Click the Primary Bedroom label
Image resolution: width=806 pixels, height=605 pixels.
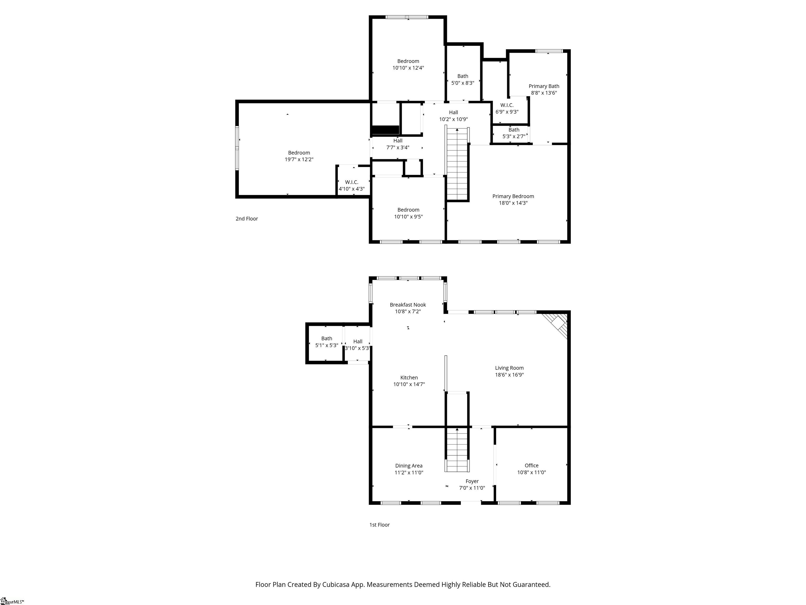pyautogui.click(x=513, y=196)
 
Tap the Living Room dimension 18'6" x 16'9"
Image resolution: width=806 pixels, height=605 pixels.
pyautogui.click(x=509, y=374)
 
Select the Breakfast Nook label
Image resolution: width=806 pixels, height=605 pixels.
pyautogui.click(x=408, y=305)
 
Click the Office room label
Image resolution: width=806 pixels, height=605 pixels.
pyautogui.click(x=531, y=465)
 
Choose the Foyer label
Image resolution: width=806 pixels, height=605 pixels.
pyautogui.click(x=472, y=481)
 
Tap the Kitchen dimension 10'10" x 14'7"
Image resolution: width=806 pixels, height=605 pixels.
pyautogui.click(x=409, y=384)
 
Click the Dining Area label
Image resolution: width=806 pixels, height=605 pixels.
pyautogui.click(x=409, y=466)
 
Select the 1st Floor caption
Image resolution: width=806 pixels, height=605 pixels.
pyautogui.click(x=379, y=525)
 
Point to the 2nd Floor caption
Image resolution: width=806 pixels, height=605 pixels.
pyautogui.click(x=247, y=218)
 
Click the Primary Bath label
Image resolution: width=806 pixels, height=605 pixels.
pyautogui.click(x=544, y=86)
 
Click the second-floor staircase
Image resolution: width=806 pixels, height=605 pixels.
pyautogui.click(x=457, y=163)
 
